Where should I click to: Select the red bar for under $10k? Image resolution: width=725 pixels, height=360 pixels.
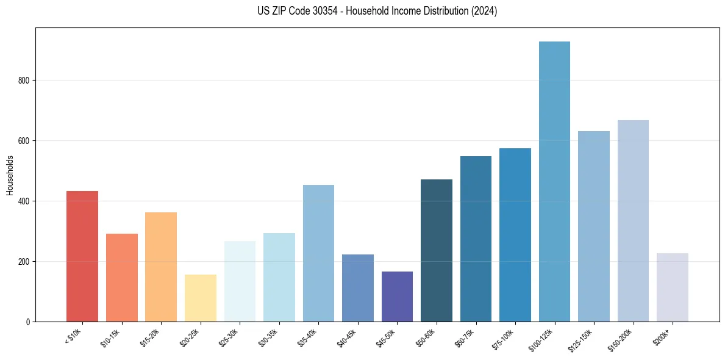[x=82, y=256]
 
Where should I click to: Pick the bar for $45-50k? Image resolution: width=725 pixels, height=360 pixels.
[x=397, y=297]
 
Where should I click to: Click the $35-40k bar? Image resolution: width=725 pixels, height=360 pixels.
[x=318, y=253]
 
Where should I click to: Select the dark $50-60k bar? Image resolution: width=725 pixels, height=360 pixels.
[x=437, y=250]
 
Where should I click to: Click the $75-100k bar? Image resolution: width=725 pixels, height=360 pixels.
[x=515, y=235]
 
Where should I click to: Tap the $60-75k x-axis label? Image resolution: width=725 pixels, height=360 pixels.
[x=465, y=338]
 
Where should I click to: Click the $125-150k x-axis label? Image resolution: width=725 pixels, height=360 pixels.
[x=581, y=340]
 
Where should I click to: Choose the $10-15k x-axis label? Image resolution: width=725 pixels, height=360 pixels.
[x=110, y=338]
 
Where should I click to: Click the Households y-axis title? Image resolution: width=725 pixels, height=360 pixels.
[x=10, y=175]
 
